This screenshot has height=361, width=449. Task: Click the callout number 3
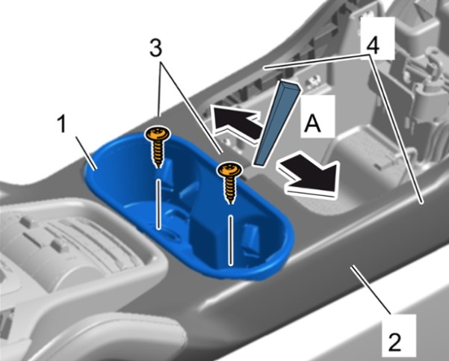click(x=155, y=48)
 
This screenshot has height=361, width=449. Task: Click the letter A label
click(x=312, y=123)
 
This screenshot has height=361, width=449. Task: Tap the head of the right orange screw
click(x=229, y=170)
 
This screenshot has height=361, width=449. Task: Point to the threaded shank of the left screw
click(x=157, y=153)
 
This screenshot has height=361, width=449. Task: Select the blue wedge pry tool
click(x=276, y=123)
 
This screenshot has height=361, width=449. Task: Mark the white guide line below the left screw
click(x=158, y=204)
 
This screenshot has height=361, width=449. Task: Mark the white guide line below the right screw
click(x=230, y=240)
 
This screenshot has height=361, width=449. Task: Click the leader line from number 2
click(x=371, y=289)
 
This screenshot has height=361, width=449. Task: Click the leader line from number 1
click(x=86, y=152)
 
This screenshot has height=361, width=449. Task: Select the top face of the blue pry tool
click(x=291, y=85)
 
